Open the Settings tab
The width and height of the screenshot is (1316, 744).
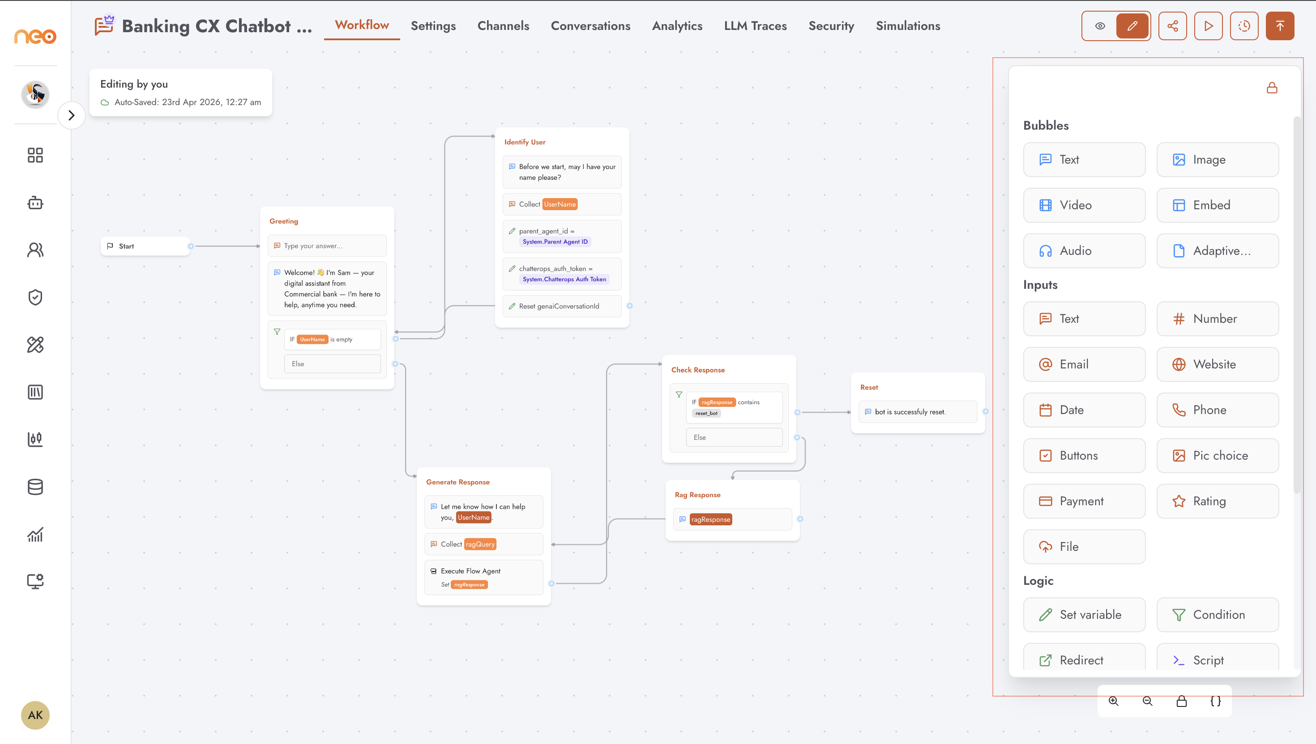[x=433, y=26]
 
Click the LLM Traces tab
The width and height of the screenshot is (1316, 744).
[x=756, y=26]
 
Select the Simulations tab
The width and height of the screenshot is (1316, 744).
[x=908, y=26]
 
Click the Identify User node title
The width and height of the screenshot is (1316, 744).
[x=525, y=142]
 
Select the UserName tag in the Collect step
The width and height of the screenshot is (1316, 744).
[x=560, y=204]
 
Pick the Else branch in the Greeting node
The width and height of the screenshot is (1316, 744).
[x=333, y=364]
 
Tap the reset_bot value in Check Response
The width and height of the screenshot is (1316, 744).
[x=706, y=414]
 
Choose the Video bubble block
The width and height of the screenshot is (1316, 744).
[x=1084, y=205]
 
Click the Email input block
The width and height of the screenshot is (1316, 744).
[x=1084, y=364]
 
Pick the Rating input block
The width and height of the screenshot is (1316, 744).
[x=1218, y=501]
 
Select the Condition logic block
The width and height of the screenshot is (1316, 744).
[x=1218, y=615]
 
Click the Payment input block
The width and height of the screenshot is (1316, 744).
[x=1084, y=501]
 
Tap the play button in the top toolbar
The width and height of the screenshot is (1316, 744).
[x=1208, y=26]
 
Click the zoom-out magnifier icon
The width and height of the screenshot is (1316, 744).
[x=1148, y=701]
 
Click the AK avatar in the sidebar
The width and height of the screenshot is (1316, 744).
[x=35, y=715]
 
